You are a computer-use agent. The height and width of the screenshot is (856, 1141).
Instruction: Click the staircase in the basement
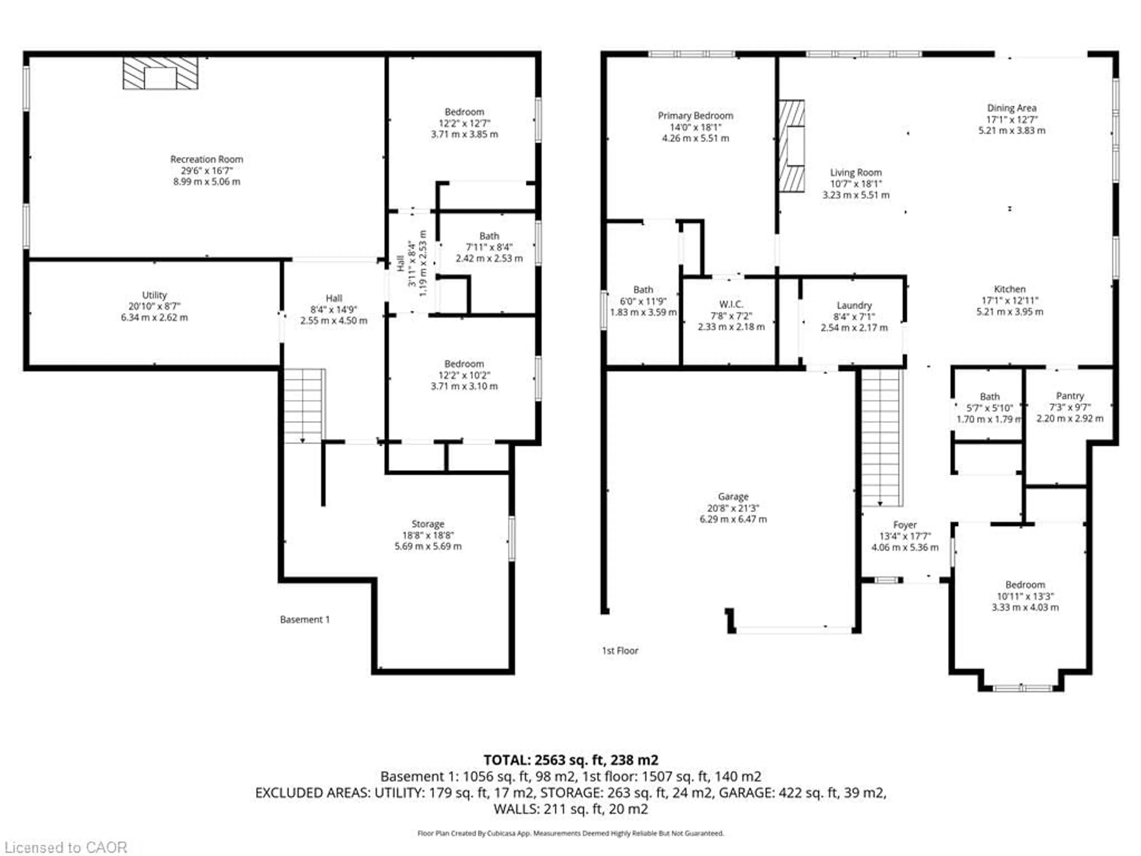304,406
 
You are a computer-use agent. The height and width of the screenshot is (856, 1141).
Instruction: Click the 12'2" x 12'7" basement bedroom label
464,123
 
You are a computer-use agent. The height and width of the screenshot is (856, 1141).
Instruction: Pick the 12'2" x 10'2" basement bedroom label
464,375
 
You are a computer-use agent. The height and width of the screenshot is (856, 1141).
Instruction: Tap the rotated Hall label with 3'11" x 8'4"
412,263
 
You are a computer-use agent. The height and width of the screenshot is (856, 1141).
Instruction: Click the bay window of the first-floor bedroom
1022,688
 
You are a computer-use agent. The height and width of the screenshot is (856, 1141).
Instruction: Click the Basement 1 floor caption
304,619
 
